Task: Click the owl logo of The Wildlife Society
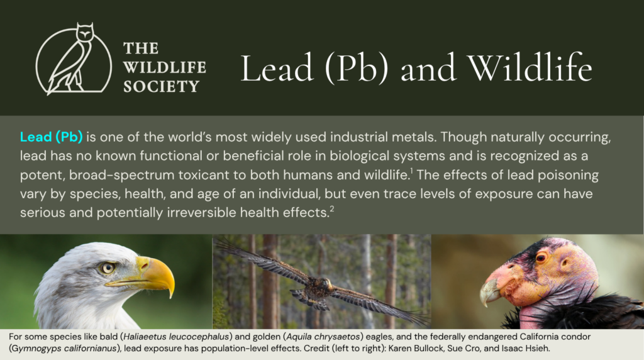[x=74, y=59]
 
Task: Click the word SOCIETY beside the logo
[x=162, y=87]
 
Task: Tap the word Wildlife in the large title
[x=530, y=67]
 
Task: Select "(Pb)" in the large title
[x=356, y=68]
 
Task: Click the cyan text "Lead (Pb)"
[x=52, y=137]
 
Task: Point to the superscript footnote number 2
[x=332, y=209]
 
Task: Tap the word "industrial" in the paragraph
[x=358, y=137]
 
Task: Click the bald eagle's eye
[x=108, y=268]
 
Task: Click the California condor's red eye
[x=541, y=258]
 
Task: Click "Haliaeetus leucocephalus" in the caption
[x=176, y=337]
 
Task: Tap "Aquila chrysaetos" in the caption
[x=323, y=337]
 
